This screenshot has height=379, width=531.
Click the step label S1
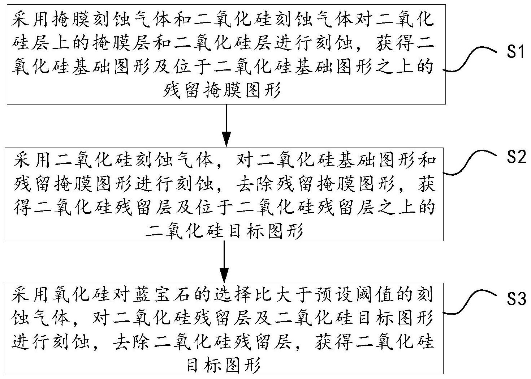515,52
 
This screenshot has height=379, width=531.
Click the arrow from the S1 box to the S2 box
226,125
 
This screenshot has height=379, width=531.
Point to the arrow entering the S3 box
224,262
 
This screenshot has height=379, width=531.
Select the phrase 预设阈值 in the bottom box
351,295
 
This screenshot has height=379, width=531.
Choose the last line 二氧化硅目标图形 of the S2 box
224,230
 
